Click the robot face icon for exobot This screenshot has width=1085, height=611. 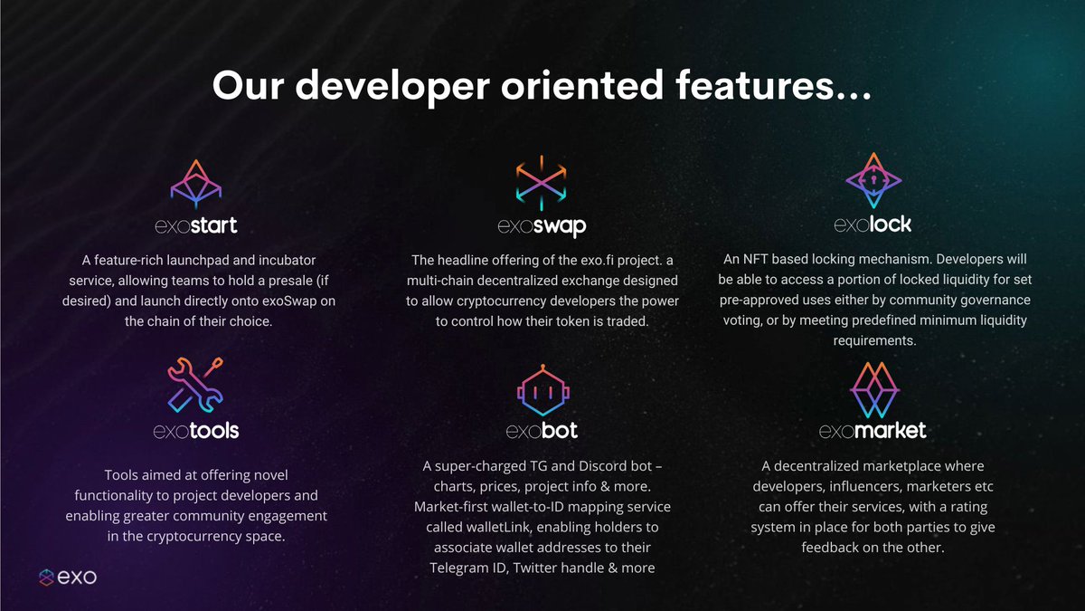pyautogui.click(x=542, y=387)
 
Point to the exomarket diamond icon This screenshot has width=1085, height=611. pyautogui.click(x=873, y=388)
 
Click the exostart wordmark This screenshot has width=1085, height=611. pyautogui.click(x=196, y=224)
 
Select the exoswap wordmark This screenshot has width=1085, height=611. pyautogui.click(x=542, y=225)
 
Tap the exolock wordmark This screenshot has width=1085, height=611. pyautogui.click(x=873, y=223)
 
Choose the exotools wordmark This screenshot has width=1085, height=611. pyautogui.click(x=196, y=430)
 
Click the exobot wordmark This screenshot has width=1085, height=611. pyautogui.click(x=542, y=430)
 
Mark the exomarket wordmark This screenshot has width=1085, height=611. pyautogui.click(x=873, y=430)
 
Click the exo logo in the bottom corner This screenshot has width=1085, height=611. pyautogui.click(x=68, y=578)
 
